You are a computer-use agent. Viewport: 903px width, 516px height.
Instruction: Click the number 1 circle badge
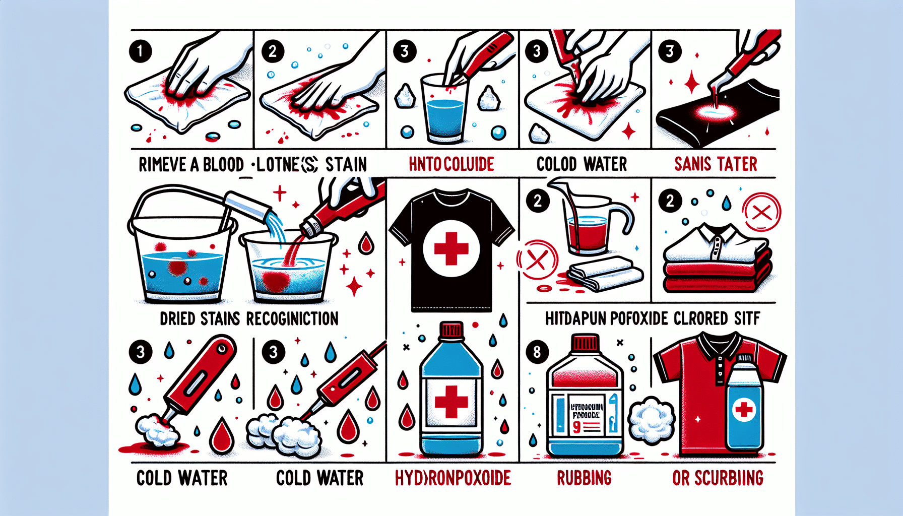click(140, 51)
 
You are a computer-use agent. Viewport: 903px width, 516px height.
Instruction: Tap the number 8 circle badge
click(537, 351)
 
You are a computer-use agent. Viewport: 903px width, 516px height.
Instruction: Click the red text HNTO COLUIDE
click(451, 164)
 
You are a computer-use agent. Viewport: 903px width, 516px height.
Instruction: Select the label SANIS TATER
click(716, 164)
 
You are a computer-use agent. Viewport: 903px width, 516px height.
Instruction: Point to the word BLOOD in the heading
click(223, 165)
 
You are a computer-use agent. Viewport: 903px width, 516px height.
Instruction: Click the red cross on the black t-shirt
click(451, 248)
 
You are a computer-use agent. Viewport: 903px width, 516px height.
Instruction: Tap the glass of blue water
click(445, 113)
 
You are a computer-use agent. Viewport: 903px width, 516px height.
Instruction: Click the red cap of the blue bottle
click(451, 331)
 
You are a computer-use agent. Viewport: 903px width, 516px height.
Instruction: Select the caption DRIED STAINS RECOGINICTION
click(249, 318)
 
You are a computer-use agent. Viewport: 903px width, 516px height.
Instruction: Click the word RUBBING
click(584, 478)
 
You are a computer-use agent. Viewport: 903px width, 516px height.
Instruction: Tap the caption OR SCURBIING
click(718, 478)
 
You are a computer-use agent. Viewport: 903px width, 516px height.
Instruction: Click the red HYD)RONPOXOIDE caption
click(453, 478)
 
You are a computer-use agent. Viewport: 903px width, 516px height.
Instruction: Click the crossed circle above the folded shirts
click(761, 212)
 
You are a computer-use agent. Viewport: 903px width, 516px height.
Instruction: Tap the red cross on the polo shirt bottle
click(744, 409)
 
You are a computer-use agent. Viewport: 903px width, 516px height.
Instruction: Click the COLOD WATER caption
click(582, 164)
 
